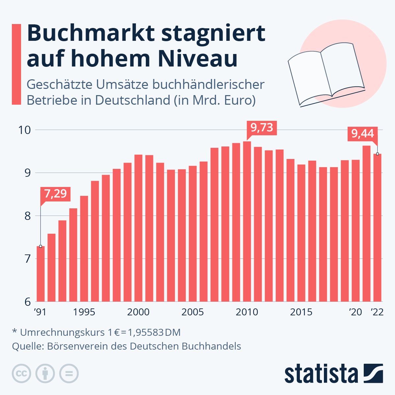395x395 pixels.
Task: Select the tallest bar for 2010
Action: [247, 221]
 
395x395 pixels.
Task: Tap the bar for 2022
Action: [377, 227]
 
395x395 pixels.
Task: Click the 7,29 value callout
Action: [55, 194]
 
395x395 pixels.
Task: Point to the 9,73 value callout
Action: [262, 127]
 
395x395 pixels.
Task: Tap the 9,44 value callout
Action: [362, 134]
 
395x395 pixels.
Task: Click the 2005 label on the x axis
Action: [193, 312]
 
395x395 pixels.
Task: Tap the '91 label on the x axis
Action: [40, 312]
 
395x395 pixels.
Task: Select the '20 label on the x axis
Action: [355, 312]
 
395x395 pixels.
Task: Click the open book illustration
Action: [326, 74]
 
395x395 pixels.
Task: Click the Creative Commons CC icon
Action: [21, 374]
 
